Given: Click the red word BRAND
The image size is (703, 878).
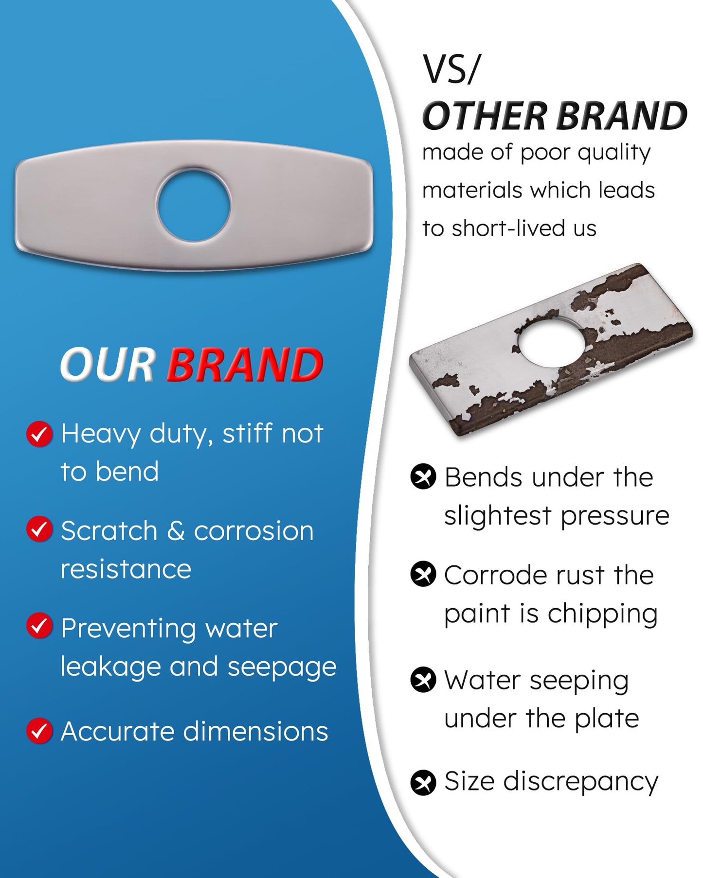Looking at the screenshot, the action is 245,364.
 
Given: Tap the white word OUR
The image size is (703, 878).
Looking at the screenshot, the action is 108,364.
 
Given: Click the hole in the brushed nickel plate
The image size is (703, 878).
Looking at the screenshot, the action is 194,205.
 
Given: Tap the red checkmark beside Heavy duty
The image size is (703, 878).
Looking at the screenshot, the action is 39,434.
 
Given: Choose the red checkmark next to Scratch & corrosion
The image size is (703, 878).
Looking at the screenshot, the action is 39,529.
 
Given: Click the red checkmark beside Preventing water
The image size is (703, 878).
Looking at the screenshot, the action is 39,626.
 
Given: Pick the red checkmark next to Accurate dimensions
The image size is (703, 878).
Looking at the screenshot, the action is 39,731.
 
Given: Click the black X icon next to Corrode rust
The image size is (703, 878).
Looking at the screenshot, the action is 423,574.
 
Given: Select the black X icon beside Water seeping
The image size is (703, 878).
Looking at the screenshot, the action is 423,679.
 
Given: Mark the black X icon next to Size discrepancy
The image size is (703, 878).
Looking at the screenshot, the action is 423,783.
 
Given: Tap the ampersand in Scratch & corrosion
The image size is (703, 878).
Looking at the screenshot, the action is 176,530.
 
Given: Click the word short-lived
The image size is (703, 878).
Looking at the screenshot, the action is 508,228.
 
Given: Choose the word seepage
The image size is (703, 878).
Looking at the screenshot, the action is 282,667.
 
